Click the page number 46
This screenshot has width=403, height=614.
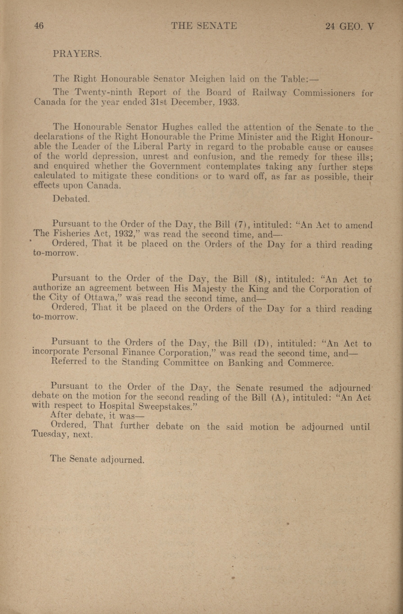coord(39,26)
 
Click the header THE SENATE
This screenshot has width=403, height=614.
coord(204,26)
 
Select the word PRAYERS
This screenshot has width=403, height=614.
coord(77,54)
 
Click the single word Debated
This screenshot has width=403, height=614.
coord(71,199)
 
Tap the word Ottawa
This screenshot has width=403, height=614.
coord(101,298)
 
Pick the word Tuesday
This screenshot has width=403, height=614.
coord(48,435)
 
